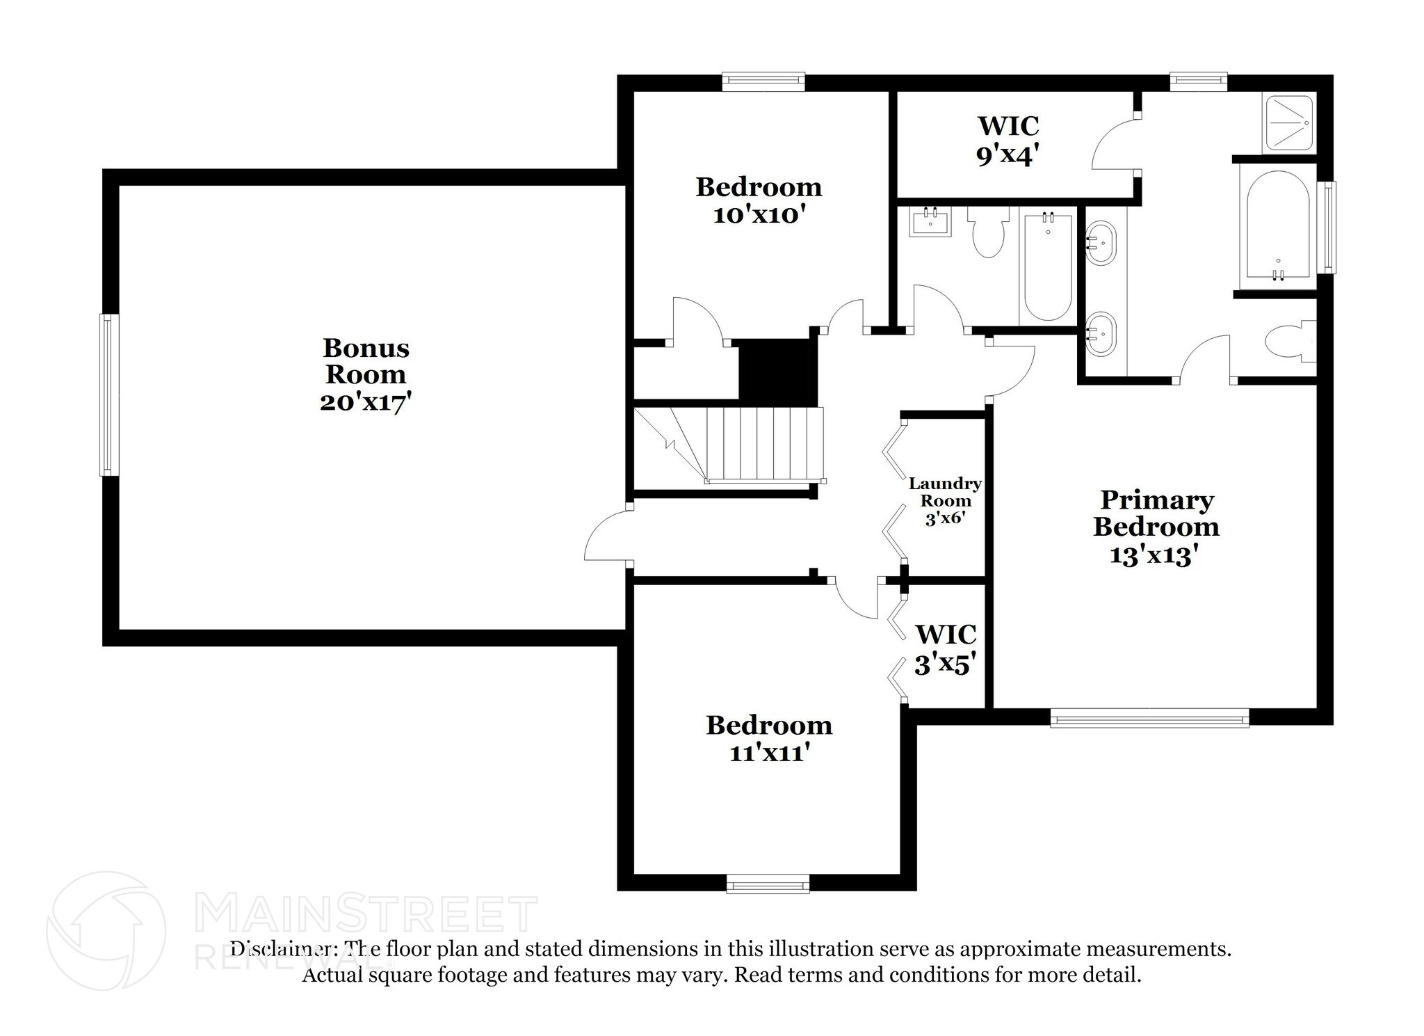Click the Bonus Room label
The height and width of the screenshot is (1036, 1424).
[x=366, y=360]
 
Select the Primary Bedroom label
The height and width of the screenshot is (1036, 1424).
[x=1156, y=513]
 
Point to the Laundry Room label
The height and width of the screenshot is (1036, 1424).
[x=945, y=492]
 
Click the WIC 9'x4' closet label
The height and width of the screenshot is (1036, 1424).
[x=1008, y=127]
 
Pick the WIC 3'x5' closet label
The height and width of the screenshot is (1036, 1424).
[x=945, y=635]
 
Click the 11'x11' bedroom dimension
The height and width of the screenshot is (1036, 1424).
[x=769, y=752]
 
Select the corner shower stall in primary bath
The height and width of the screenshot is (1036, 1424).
[x=1288, y=123]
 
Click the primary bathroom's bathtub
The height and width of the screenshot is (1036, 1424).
[x=1278, y=229]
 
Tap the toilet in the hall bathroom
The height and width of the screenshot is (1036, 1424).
[x=988, y=233]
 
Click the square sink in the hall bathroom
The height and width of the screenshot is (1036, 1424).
[x=930, y=223]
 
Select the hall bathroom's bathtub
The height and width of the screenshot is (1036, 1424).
[x=1048, y=266]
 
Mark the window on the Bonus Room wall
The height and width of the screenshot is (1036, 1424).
[x=109, y=395]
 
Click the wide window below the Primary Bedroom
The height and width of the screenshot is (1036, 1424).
[x=1149, y=718]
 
